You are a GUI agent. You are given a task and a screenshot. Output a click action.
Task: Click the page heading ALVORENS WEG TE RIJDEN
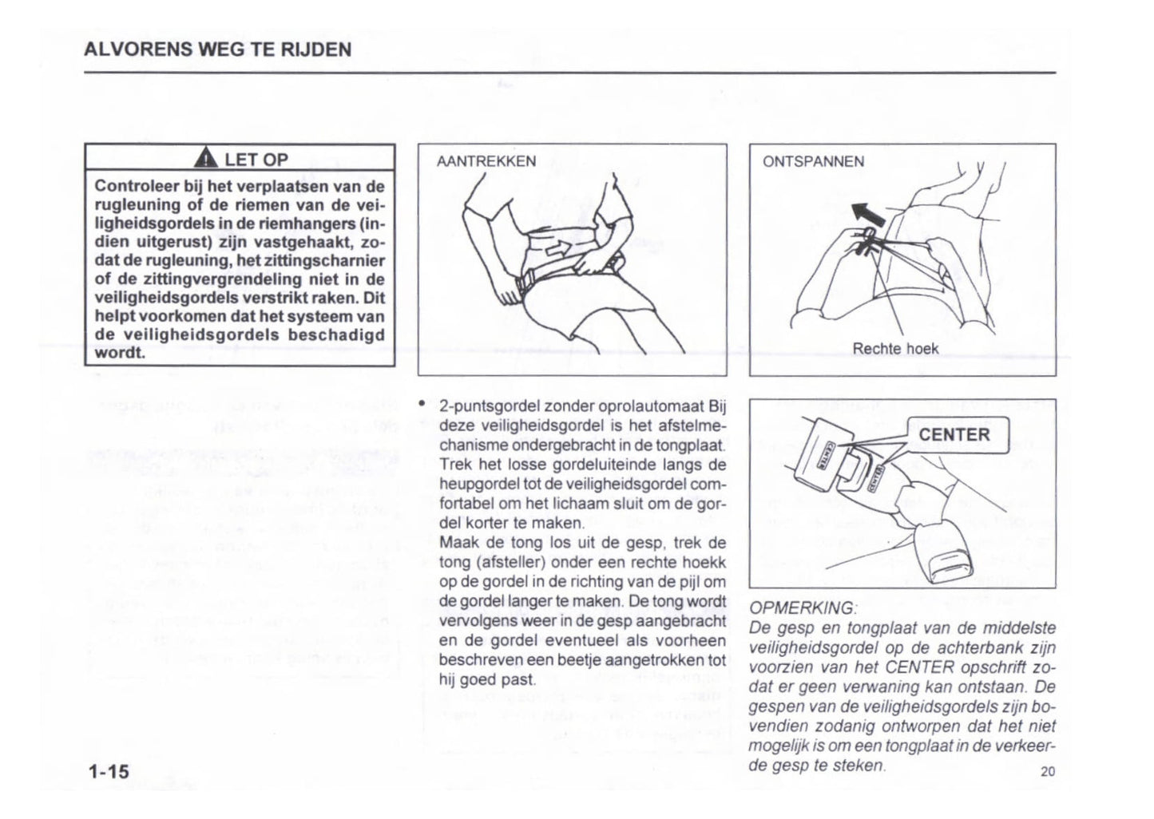click(x=217, y=49)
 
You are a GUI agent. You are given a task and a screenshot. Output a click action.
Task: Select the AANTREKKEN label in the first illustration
click(x=486, y=161)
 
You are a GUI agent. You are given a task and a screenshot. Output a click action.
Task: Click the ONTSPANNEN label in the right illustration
click(x=812, y=161)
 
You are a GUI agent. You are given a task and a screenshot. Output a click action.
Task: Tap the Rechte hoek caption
click(x=895, y=349)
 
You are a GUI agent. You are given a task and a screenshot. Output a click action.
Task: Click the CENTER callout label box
click(x=954, y=435)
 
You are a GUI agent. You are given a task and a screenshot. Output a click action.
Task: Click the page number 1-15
click(x=109, y=771)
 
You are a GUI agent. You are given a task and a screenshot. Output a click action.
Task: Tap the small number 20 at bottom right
click(x=1048, y=771)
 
